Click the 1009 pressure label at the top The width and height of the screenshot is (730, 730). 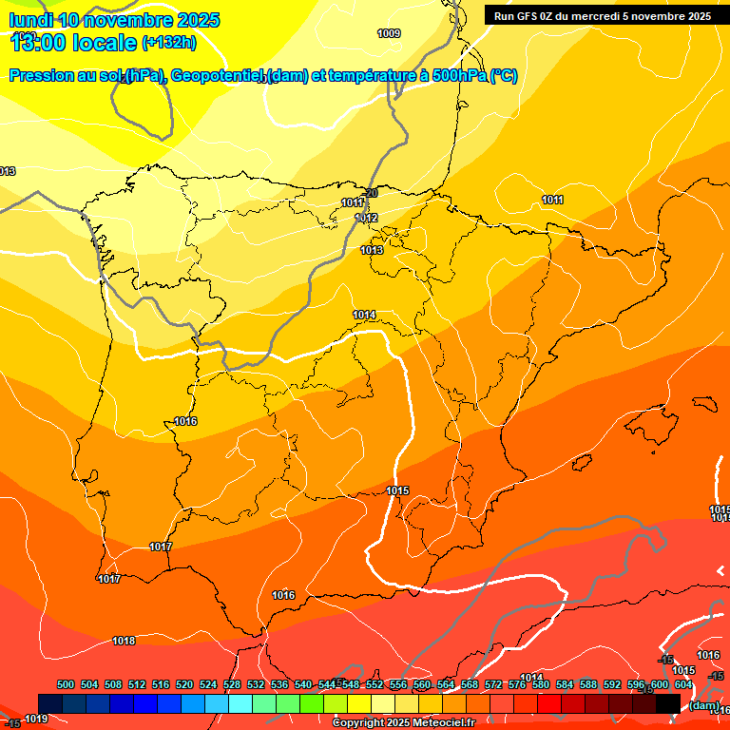(389, 33)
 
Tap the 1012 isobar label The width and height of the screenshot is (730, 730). (367, 219)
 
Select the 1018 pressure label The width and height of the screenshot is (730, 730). (124, 641)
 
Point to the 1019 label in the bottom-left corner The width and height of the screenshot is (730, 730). (36, 720)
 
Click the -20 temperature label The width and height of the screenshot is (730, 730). (371, 193)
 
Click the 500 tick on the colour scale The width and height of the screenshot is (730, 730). (66, 684)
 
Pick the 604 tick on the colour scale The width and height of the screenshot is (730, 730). (683, 684)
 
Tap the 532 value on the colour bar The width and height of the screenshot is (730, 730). (256, 684)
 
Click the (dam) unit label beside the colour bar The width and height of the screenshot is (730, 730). (703, 705)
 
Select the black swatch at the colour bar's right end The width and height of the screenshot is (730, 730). (668, 703)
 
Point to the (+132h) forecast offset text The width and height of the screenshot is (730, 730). (169, 43)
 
